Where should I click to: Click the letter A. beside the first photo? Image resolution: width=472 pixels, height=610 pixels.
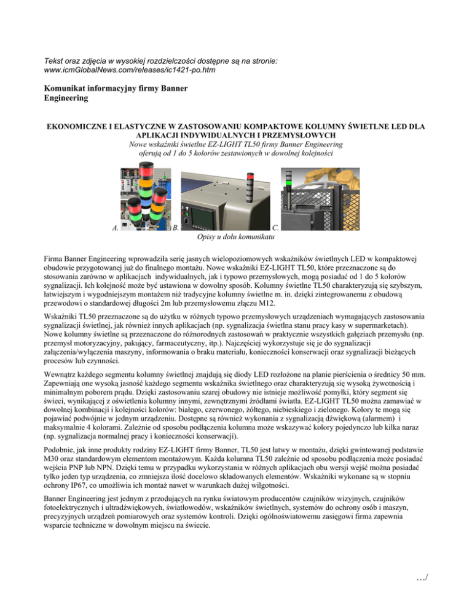pyautogui.click(x=115, y=228)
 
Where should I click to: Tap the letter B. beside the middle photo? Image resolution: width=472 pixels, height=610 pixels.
pyautogui.click(x=176, y=228)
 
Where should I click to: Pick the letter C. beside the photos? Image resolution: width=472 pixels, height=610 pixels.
pyautogui.click(x=276, y=228)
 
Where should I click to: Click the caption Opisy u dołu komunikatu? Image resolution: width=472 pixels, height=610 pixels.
pyautogui.click(x=236, y=236)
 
